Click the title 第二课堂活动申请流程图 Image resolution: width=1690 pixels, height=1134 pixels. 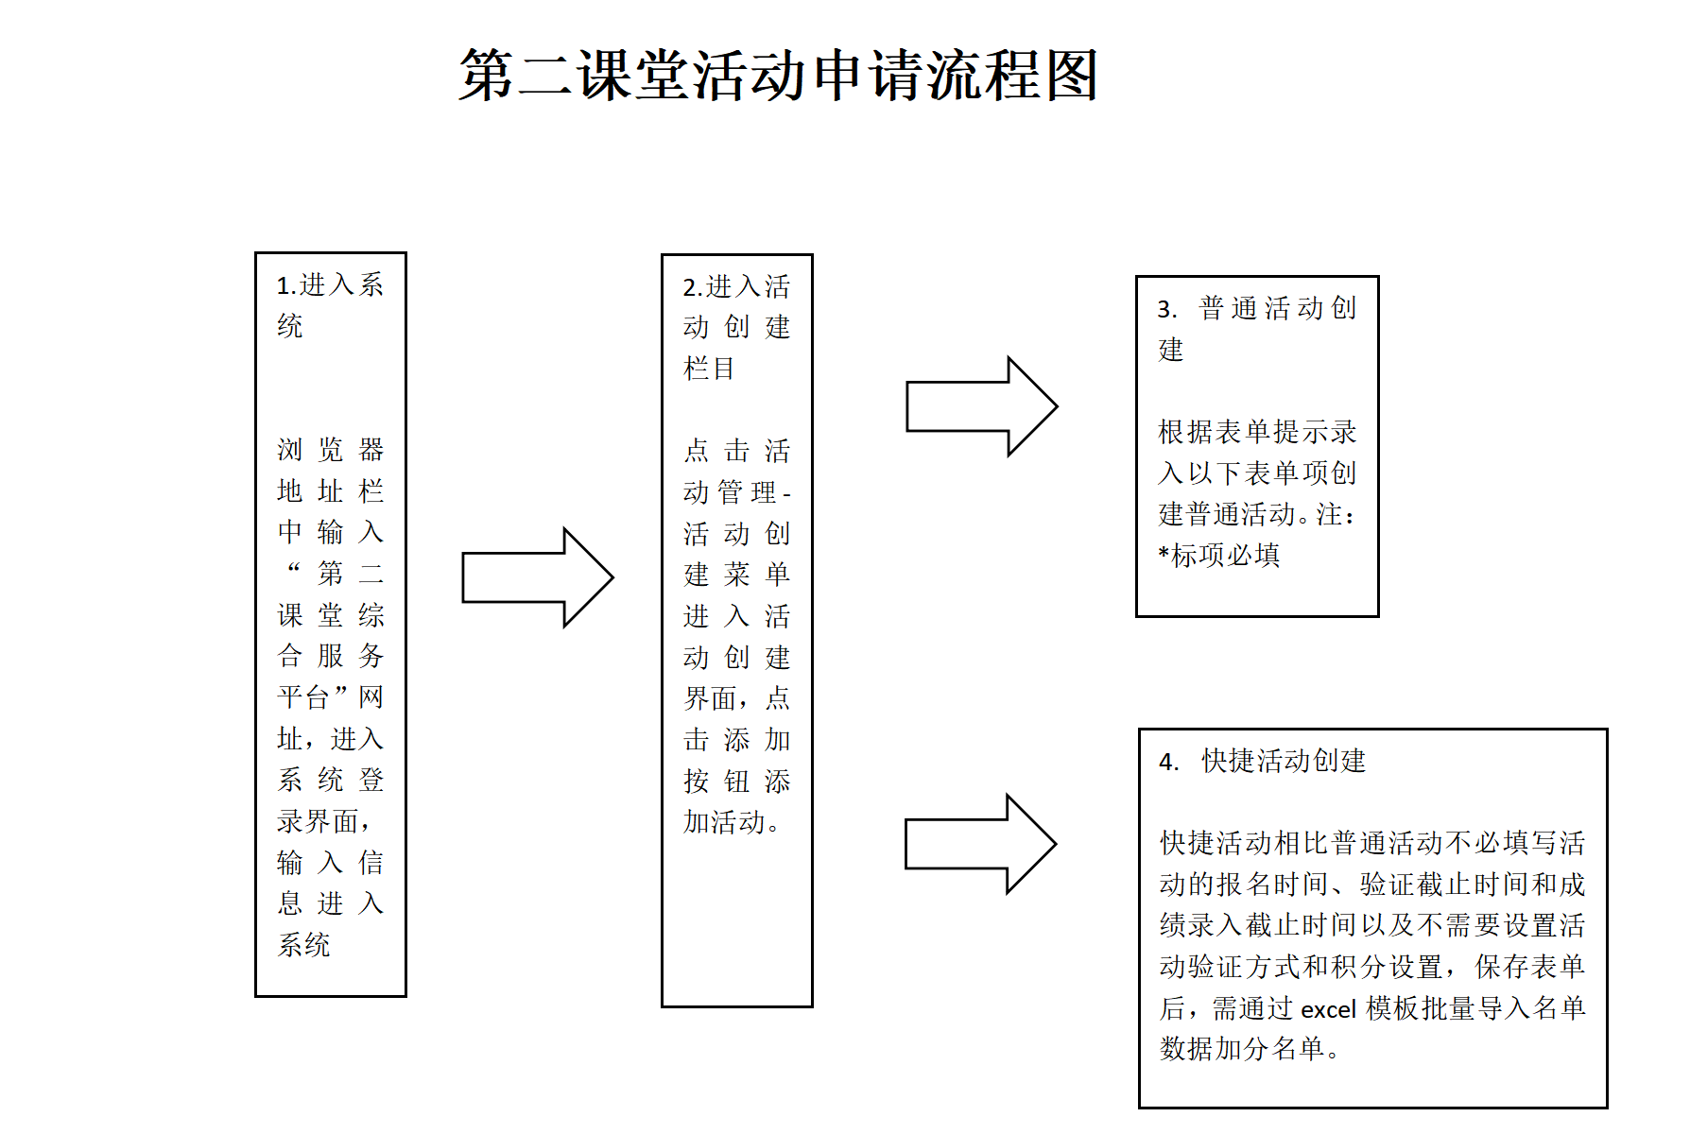778,76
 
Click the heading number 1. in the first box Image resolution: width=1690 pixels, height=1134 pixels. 286,286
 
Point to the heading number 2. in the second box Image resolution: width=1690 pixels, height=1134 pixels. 693,288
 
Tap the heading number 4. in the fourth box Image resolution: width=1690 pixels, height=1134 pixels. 1168,763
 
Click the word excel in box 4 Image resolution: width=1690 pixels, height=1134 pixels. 1328,1010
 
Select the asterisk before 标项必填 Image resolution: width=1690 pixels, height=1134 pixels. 1164,554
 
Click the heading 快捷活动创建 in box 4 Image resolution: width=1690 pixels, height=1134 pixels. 1284,761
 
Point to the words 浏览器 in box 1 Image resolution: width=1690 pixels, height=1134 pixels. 330,449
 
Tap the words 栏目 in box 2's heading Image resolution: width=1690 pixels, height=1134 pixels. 709,368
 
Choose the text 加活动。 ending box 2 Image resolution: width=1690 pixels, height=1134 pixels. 731,822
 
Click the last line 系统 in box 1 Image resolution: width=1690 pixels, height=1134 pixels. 303,944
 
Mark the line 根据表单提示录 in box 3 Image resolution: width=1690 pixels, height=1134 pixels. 1257,432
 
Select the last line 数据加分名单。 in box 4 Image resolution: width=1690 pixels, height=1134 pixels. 1249,1049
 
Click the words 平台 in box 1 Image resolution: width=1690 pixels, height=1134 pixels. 303,697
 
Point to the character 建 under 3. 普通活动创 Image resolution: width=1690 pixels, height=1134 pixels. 1171,350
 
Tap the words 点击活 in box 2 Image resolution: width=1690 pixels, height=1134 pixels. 736,451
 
